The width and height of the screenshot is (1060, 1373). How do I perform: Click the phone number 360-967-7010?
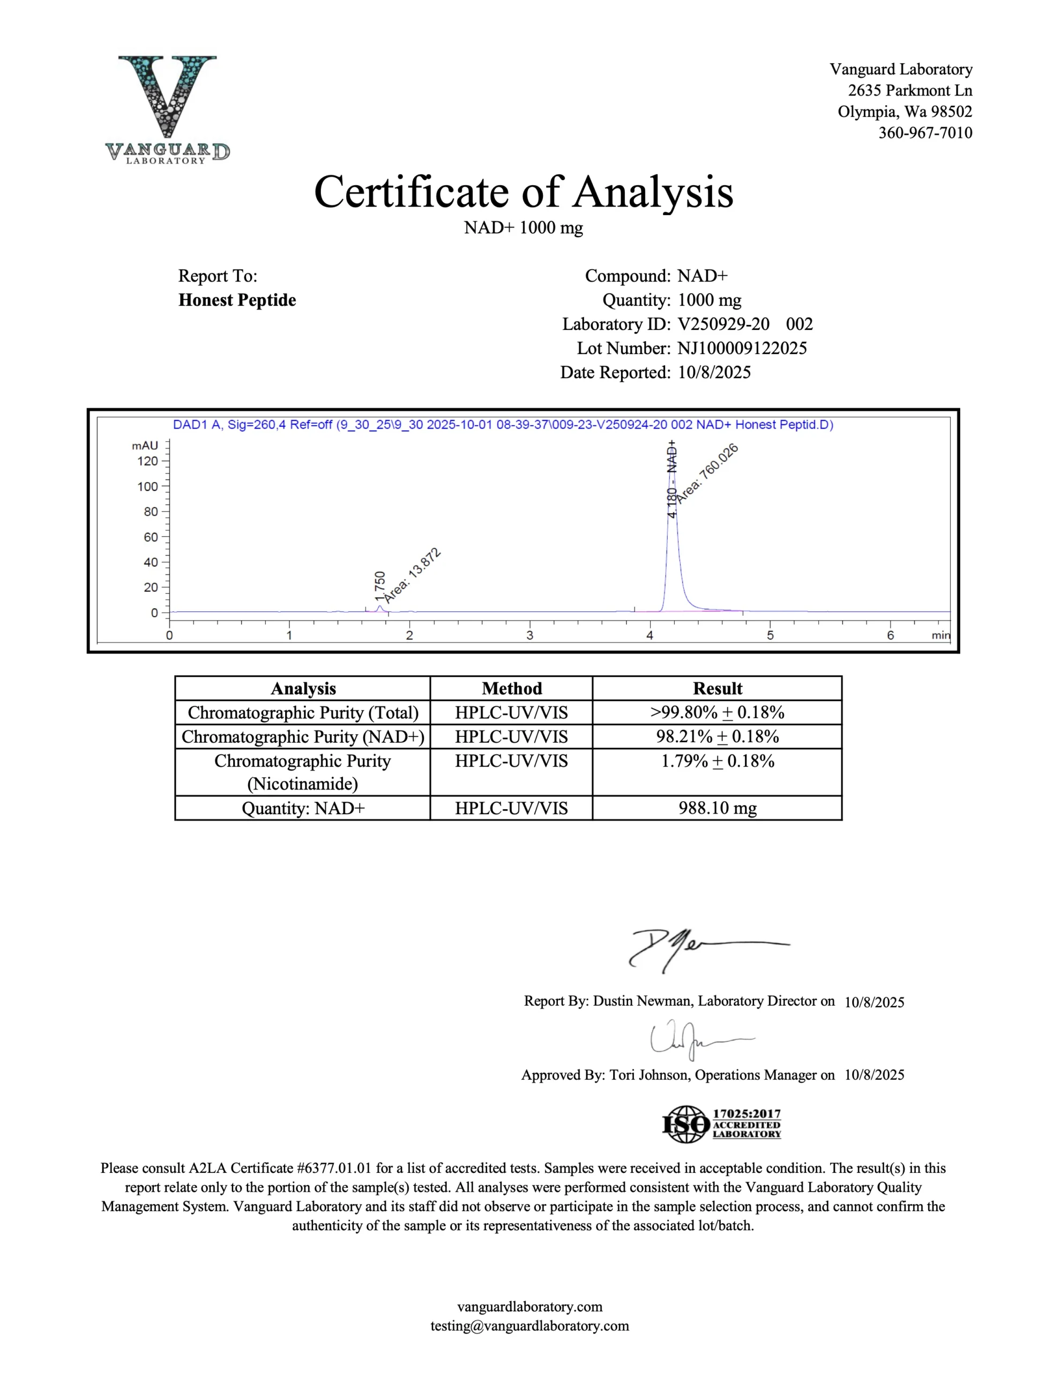[x=925, y=132]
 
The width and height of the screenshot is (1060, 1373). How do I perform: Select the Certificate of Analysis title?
[x=524, y=192]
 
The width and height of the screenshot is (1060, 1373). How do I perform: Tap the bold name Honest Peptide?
[x=237, y=300]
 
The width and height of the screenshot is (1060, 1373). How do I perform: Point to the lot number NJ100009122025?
[x=742, y=348]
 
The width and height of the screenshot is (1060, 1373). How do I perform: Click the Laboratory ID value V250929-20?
[x=723, y=324]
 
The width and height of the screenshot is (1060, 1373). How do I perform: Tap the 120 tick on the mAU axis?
[x=148, y=461]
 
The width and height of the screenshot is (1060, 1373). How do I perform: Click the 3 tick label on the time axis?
[x=529, y=635]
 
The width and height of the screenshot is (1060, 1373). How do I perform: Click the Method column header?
[x=511, y=689]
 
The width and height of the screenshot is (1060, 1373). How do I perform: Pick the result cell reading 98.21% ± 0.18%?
[x=717, y=737]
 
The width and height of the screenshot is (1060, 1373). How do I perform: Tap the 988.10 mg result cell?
[x=717, y=808]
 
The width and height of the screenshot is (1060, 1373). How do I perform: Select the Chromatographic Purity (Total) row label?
[x=303, y=713]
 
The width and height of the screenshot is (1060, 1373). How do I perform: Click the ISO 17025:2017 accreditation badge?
[x=722, y=1125]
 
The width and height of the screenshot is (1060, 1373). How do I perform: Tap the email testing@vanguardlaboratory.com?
[x=529, y=1326]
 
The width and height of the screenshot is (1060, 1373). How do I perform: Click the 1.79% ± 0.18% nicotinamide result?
[x=717, y=761]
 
